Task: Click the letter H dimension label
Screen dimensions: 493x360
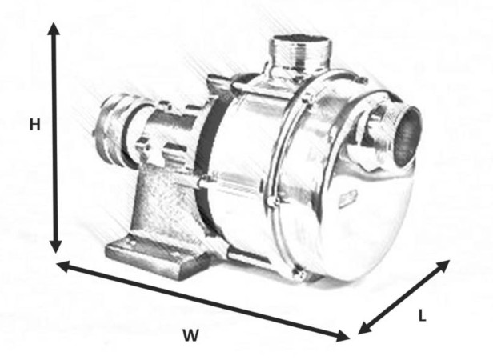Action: pos(35,125)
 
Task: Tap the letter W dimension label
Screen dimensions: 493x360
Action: pos(190,335)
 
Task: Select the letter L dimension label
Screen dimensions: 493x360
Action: pos(423,315)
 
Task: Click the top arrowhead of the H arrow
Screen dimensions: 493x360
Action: pos(54,28)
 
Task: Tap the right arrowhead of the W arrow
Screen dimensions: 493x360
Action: pos(343,336)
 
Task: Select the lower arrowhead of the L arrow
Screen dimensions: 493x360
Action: pos(364,328)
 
